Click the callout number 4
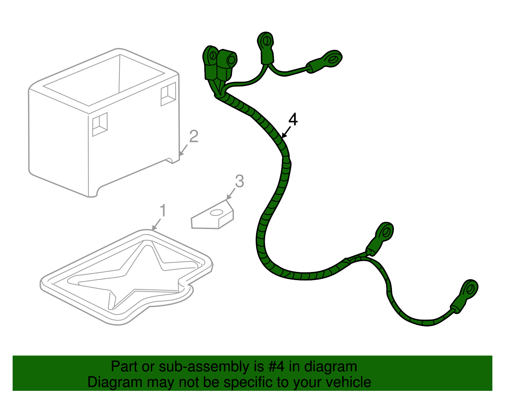pos(293,120)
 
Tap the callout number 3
pos(240,181)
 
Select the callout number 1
pos(163,210)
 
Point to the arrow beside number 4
pos(286,132)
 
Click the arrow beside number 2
pos(183,150)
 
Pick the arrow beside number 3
pos(231,194)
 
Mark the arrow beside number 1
pos(157,224)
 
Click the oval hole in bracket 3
pos(217,212)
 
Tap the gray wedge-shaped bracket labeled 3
pos(212,215)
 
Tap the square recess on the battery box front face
pos(100,124)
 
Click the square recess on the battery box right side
pos(168,94)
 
